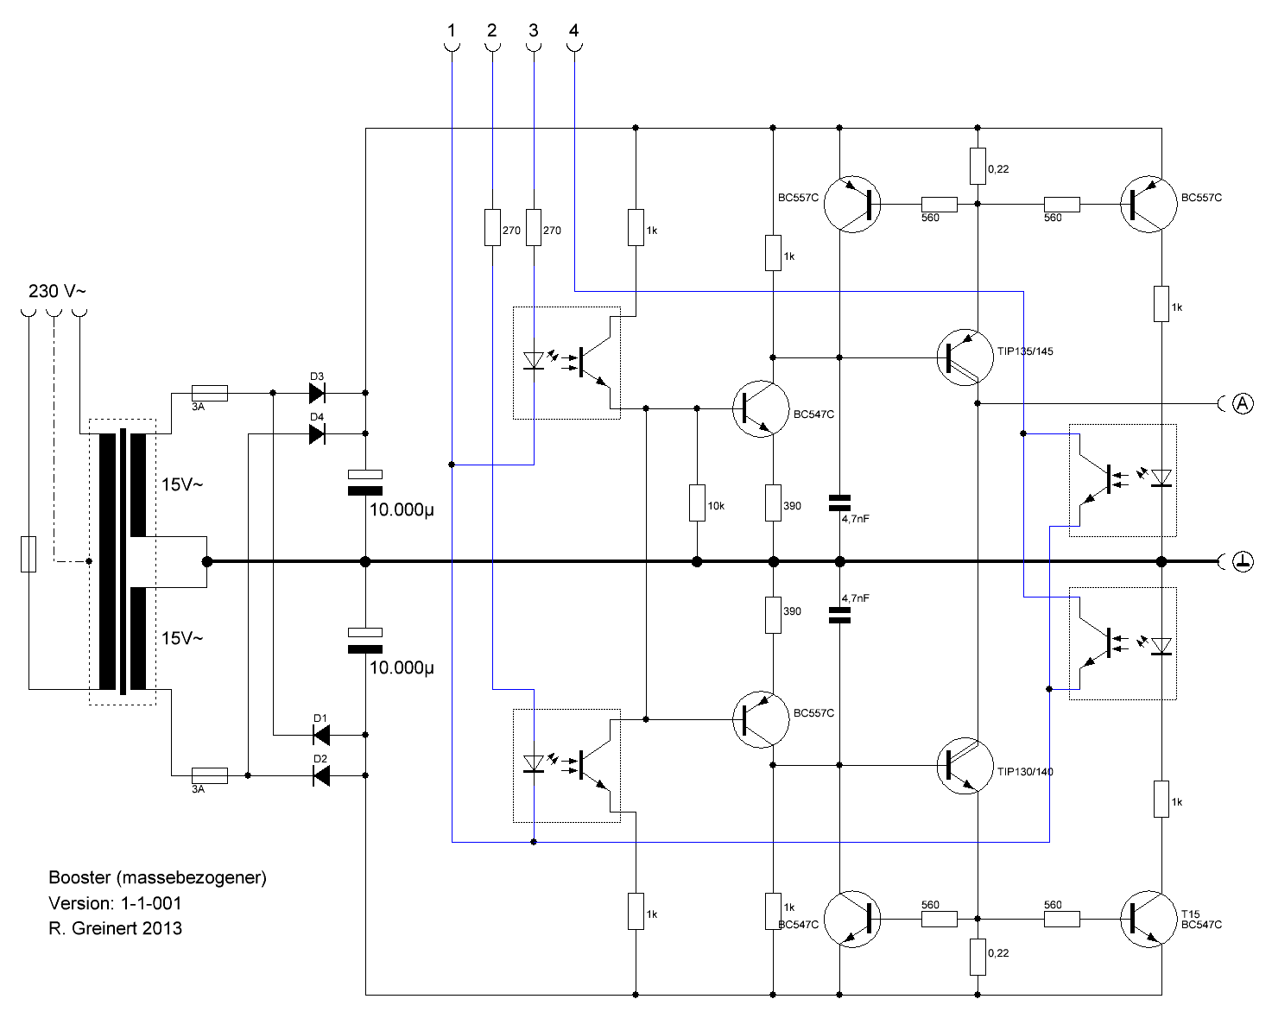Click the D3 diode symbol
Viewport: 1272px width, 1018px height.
(x=317, y=393)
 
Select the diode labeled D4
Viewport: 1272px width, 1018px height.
(x=317, y=434)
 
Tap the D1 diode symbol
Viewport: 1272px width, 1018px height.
(x=321, y=735)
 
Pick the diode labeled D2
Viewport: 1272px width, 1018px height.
(x=321, y=775)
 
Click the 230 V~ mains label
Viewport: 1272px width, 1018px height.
(x=57, y=291)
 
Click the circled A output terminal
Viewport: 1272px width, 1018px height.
(x=1243, y=404)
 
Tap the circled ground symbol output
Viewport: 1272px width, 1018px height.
(x=1243, y=561)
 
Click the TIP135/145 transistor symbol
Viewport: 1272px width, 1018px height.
(x=965, y=357)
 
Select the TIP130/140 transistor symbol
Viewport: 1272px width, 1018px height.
(x=965, y=766)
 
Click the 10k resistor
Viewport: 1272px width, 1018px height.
(x=697, y=503)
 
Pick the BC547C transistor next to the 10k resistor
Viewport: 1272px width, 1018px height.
(x=761, y=408)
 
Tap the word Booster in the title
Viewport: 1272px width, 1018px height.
(x=79, y=877)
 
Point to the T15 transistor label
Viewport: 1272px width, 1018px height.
(x=1191, y=914)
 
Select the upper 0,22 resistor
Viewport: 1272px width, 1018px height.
(x=978, y=166)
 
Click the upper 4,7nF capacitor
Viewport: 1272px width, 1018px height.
(x=839, y=503)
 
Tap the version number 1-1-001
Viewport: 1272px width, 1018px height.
(x=151, y=903)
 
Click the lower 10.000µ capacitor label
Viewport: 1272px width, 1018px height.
(x=402, y=667)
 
